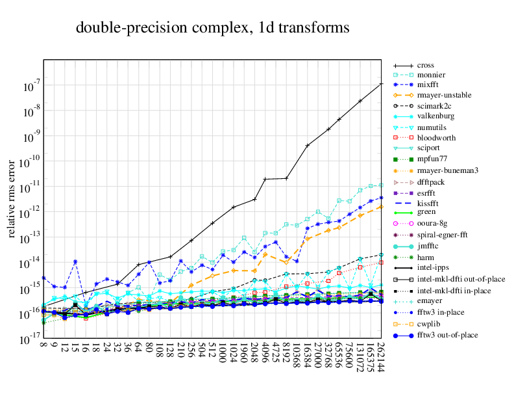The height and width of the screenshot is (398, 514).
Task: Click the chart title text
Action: (x=213, y=28)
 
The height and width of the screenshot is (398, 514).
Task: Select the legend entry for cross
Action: (x=426, y=66)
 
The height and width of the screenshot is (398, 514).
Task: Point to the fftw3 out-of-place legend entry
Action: (x=447, y=335)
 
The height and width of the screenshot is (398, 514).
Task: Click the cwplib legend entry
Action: (x=428, y=323)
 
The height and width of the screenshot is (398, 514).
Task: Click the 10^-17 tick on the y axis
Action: (x=29, y=339)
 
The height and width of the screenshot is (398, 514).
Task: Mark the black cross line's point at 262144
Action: (x=381, y=84)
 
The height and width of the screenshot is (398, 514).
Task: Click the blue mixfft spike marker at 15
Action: (x=75, y=261)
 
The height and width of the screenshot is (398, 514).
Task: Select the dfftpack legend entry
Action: (x=431, y=182)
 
